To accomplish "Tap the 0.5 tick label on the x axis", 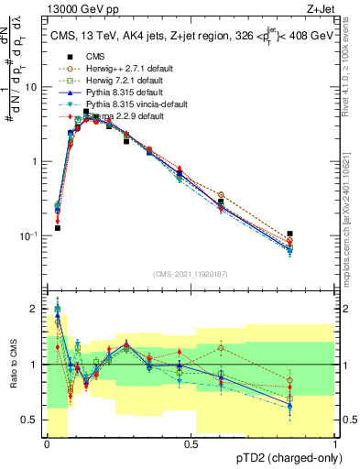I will click(191, 444).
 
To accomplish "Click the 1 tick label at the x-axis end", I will click(335, 444).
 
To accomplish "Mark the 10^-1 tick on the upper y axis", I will click(30, 235).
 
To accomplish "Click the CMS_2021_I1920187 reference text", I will click(191, 273).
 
